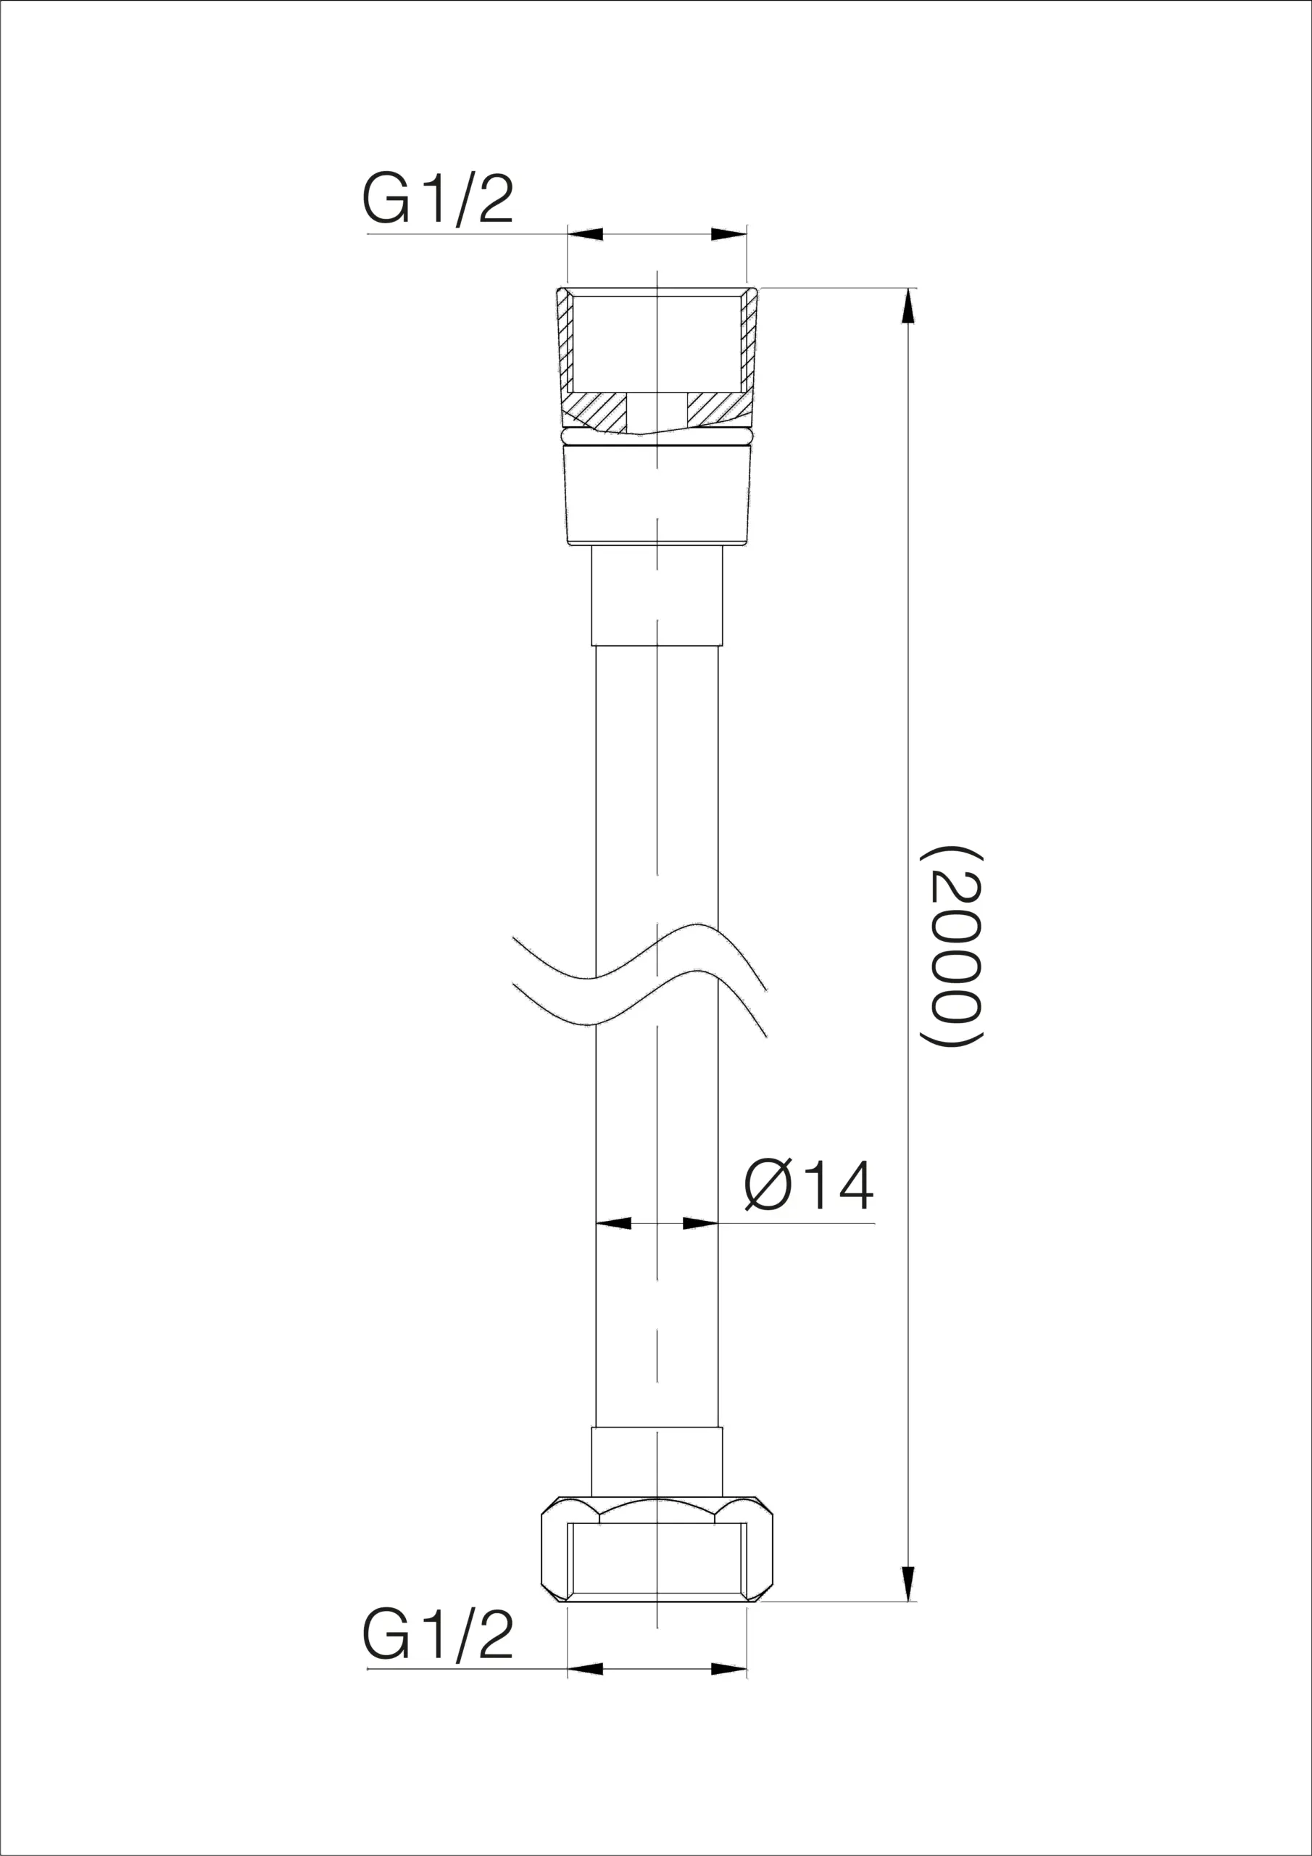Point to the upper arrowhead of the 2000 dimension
pyautogui.click(x=909, y=307)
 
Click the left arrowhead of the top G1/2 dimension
pyautogui.click(x=585, y=234)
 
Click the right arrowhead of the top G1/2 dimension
pyautogui.click(x=728, y=234)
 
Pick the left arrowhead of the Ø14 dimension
pyautogui.click(x=613, y=1223)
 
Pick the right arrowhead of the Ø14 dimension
pyautogui.click(x=701, y=1223)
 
